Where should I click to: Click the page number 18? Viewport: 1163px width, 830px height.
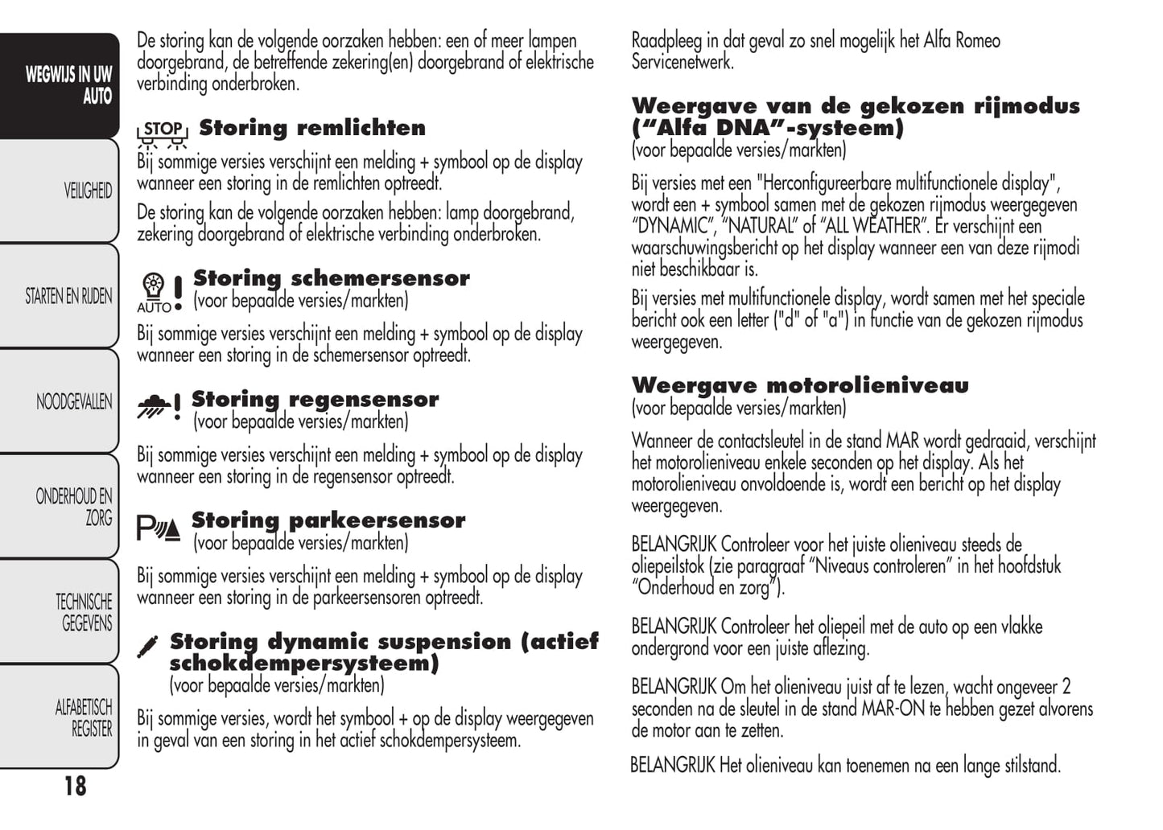75,786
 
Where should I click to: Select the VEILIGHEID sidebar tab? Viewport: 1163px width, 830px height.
88,191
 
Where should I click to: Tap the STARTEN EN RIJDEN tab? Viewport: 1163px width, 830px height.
68,296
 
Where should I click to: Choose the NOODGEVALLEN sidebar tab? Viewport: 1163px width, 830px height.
74,401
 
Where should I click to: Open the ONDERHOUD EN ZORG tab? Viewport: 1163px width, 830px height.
74,507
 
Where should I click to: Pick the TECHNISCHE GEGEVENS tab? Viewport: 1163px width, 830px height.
84,612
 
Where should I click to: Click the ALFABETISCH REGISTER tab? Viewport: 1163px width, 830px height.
84,717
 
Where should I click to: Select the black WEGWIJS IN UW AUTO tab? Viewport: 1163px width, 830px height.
68,85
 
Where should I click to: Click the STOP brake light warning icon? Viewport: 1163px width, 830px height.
163,134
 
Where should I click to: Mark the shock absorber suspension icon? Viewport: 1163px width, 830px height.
147,647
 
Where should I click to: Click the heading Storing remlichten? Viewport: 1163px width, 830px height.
312,128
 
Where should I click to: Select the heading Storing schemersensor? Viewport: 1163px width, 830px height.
331,278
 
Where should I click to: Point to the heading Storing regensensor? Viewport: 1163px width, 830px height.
315,399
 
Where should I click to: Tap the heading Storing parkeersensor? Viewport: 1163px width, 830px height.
328,520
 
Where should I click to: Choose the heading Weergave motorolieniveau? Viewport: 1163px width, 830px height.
800,385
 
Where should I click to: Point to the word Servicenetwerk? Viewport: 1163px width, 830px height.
683,62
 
